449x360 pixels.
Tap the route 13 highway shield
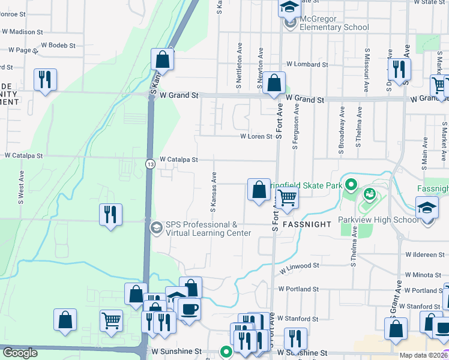coord(149,163)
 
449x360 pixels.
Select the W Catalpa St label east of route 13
coord(178,160)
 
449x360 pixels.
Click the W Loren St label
coord(256,137)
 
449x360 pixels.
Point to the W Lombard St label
coord(307,64)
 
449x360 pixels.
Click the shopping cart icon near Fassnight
coord(288,197)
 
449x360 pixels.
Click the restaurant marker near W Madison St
coord(45,79)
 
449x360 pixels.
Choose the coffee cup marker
coord(190,308)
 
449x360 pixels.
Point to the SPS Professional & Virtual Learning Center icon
coord(156,227)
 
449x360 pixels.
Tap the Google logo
coord(20,353)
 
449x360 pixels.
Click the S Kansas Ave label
coord(212,193)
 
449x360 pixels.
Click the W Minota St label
coord(427,274)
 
